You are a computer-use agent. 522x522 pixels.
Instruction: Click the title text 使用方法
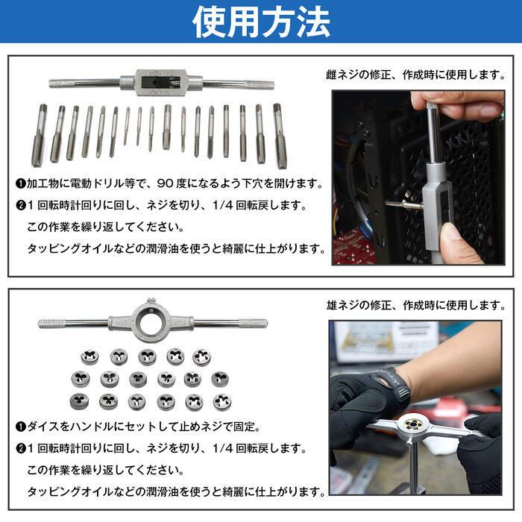coord(261,22)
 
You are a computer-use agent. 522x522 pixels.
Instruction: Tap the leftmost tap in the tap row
coord(39,135)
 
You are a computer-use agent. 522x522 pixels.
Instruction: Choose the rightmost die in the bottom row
coord(221,402)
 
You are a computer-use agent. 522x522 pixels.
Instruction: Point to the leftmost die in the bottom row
coord(80,401)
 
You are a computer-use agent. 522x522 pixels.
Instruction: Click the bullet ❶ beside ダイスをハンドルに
coord(21,427)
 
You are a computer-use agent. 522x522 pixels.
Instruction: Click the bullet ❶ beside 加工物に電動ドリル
coord(21,183)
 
